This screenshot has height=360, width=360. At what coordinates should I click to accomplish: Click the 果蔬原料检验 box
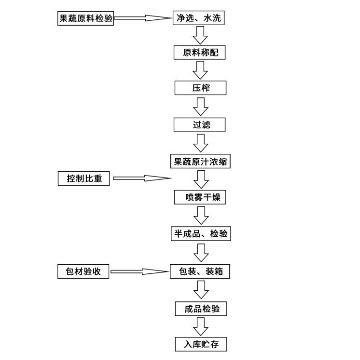85,19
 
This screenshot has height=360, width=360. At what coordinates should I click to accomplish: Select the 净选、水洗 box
200,18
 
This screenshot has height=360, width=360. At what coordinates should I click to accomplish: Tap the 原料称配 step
200,53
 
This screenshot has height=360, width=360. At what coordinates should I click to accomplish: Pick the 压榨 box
200,89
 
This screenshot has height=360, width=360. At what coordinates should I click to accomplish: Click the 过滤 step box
200,125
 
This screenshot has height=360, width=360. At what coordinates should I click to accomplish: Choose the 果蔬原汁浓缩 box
200,162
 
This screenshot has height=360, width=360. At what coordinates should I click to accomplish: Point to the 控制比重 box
84,179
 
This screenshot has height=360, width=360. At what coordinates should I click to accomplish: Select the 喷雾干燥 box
200,197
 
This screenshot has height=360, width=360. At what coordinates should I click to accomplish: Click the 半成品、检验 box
200,234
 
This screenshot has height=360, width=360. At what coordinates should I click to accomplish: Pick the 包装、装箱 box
200,271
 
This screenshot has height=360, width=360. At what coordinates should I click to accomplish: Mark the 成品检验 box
200,308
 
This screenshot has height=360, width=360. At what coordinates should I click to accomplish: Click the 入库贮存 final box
200,344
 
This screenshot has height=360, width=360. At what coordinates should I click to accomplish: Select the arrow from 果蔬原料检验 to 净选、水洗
143,19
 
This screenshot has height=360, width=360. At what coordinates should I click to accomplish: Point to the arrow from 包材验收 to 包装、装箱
140,271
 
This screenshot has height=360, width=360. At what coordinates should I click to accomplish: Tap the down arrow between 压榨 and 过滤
200,106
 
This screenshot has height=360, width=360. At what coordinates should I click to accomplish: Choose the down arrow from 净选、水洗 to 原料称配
200,35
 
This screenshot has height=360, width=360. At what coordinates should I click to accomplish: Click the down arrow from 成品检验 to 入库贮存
200,327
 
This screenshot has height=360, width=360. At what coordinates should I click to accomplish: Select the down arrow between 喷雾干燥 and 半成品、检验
200,216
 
